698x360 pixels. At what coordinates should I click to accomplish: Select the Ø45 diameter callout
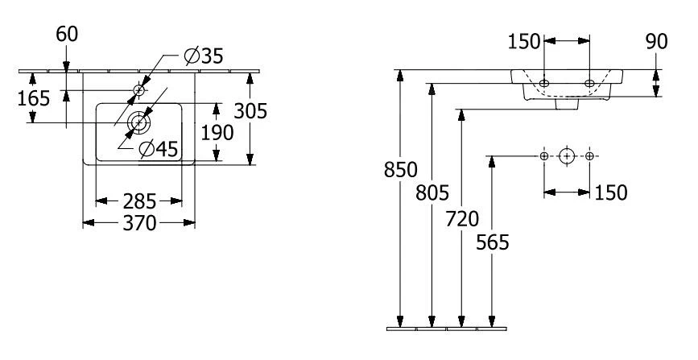[158, 149]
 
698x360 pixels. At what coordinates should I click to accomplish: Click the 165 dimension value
[35, 98]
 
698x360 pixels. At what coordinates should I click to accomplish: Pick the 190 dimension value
[217, 131]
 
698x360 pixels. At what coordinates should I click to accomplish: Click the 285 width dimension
[139, 199]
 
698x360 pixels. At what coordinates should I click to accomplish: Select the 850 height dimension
[400, 170]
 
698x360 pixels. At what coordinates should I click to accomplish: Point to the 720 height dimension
[462, 218]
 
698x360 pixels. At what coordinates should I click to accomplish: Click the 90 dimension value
[657, 41]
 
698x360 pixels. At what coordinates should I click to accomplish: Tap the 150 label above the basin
[524, 41]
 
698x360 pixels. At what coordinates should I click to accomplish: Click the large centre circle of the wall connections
[568, 155]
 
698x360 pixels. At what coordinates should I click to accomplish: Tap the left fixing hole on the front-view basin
[545, 83]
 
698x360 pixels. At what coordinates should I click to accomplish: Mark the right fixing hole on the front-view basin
[590, 83]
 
